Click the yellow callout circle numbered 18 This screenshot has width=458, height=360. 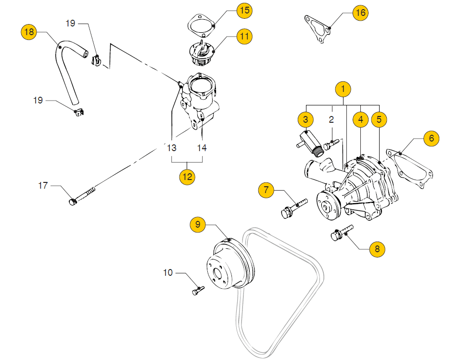click(x=29, y=32)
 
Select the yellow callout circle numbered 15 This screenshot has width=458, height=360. click(x=244, y=10)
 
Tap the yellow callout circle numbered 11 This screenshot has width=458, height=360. click(x=244, y=36)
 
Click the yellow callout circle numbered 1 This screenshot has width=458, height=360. click(x=343, y=89)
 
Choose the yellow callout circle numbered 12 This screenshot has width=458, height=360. click(x=187, y=177)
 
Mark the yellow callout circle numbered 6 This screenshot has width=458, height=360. click(x=431, y=139)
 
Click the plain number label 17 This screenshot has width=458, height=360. click(x=43, y=185)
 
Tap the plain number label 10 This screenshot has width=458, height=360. click(x=167, y=273)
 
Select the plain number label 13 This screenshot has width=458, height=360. click(x=172, y=148)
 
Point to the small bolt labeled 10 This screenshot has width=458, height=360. click(x=197, y=290)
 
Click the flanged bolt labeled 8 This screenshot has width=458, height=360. click(x=339, y=235)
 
